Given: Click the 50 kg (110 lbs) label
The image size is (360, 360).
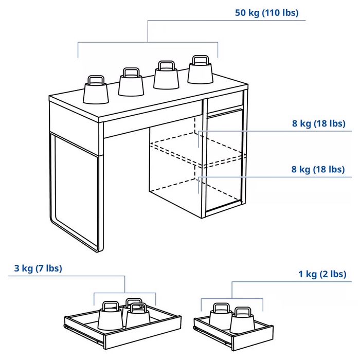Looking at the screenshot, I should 266,13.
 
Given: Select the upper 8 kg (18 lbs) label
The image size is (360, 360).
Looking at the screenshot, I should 318,123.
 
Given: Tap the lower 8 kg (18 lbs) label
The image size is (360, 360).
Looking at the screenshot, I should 318,169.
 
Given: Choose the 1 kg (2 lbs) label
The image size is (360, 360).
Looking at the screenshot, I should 322,274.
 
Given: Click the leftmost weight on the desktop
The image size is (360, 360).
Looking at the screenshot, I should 96,91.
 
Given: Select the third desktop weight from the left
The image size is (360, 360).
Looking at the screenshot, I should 166,77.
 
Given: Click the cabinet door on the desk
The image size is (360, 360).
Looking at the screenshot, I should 225,159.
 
